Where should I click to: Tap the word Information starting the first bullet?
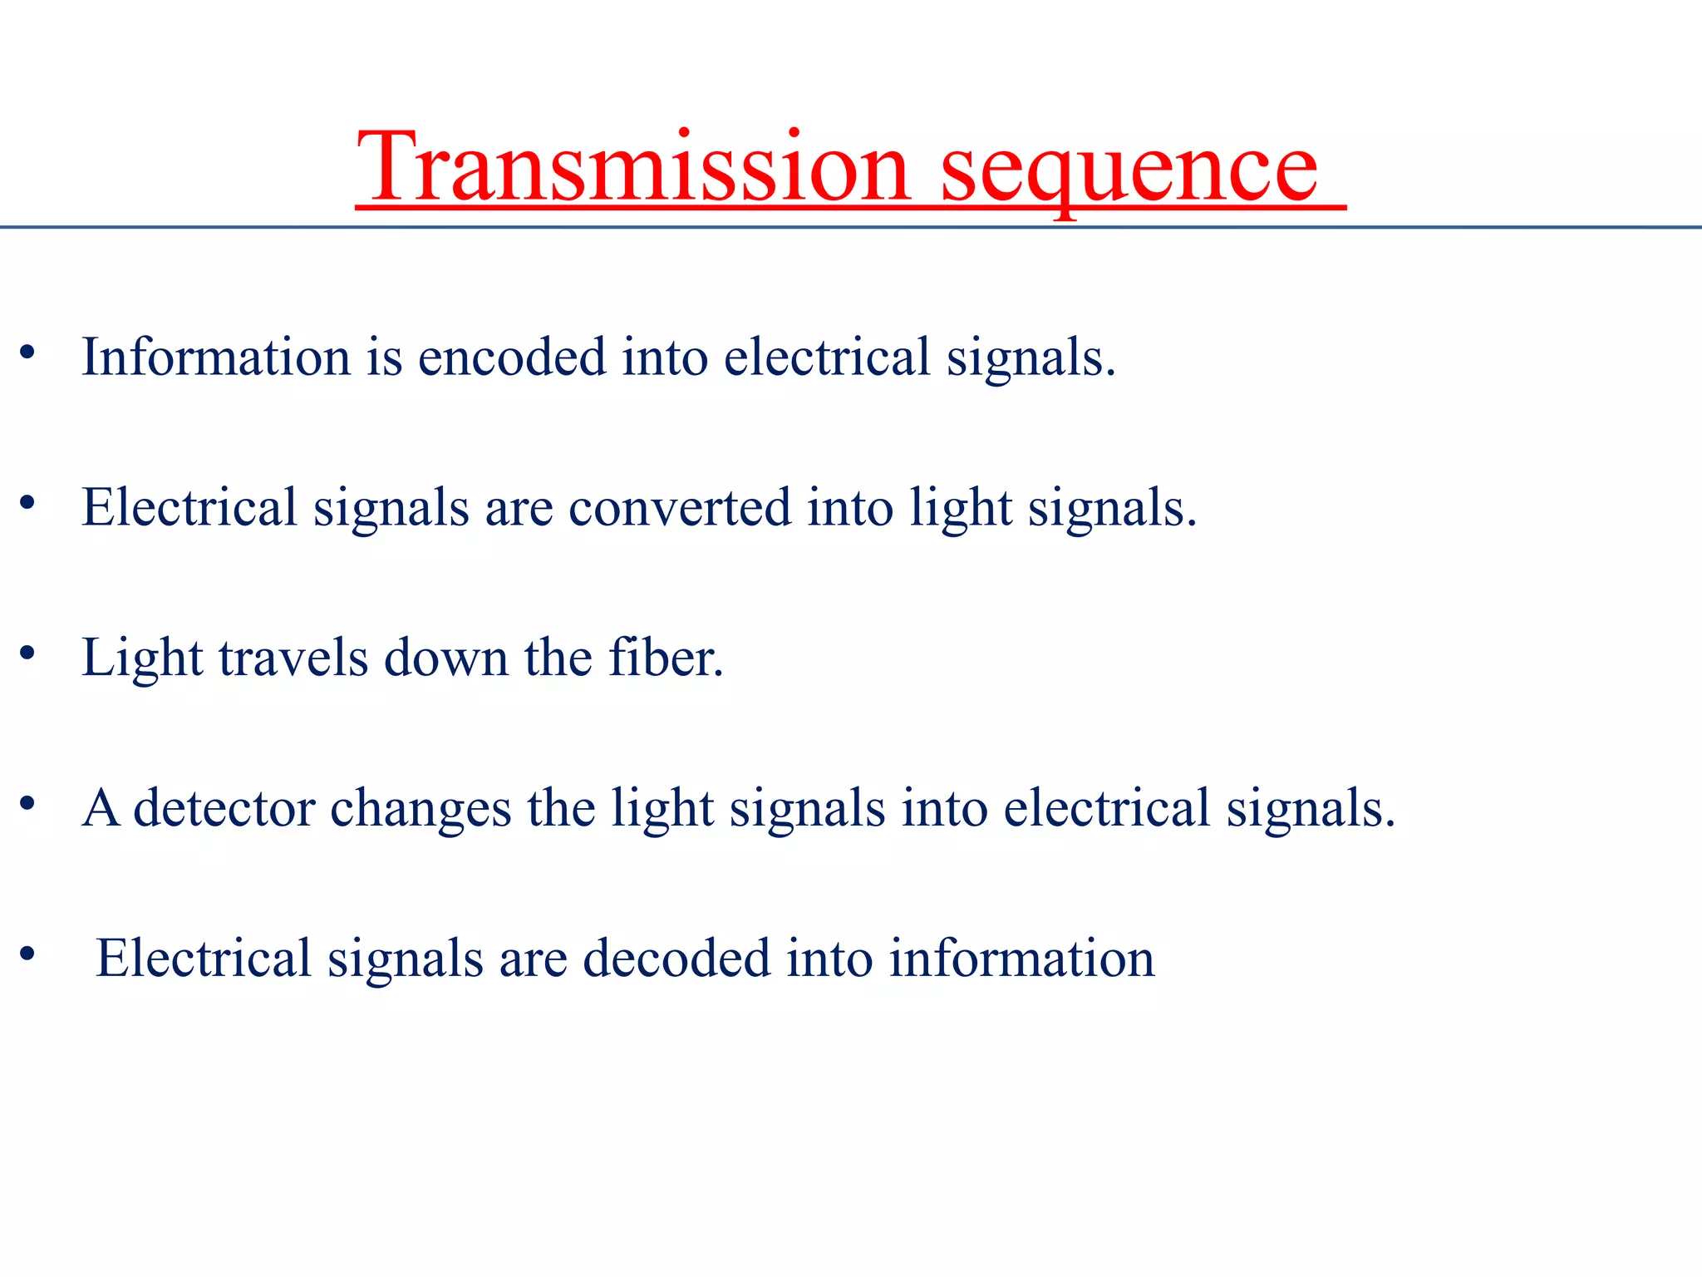tap(216, 357)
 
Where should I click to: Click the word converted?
tap(679, 508)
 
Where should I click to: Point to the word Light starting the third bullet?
tap(142, 658)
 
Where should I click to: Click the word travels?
tap(293, 658)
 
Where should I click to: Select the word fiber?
tap(665, 658)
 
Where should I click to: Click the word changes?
tap(421, 808)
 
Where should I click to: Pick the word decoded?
tap(676, 959)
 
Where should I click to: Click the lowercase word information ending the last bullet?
tap(1021, 959)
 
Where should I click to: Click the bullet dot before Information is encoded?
tap(27, 353)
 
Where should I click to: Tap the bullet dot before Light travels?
tap(27, 653)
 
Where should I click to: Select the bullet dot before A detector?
tap(27, 803)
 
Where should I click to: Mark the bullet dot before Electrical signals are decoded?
tap(27, 954)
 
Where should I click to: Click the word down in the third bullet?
tap(445, 658)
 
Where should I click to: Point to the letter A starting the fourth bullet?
tap(101, 808)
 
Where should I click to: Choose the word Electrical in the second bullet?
tap(189, 508)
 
